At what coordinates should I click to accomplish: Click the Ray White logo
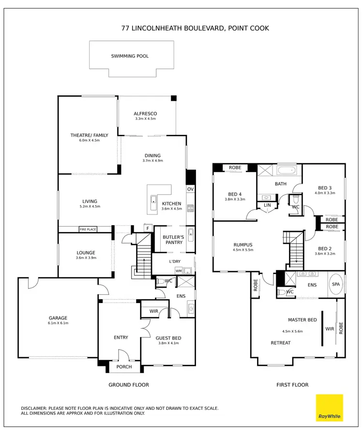(x=329, y=408)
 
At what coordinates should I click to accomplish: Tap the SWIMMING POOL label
(x=130, y=56)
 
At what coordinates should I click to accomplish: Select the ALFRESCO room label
(x=146, y=114)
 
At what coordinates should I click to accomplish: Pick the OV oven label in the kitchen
(x=190, y=189)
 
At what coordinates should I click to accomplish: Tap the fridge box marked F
(x=148, y=228)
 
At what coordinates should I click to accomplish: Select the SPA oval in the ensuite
(x=335, y=285)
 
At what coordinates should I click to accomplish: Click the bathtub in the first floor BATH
(x=288, y=171)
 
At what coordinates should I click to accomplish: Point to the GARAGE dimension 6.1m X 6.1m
(x=58, y=323)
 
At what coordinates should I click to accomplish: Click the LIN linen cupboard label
(x=267, y=205)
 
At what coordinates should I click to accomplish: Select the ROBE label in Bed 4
(x=235, y=168)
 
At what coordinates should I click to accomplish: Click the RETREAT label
(x=281, y=343)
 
